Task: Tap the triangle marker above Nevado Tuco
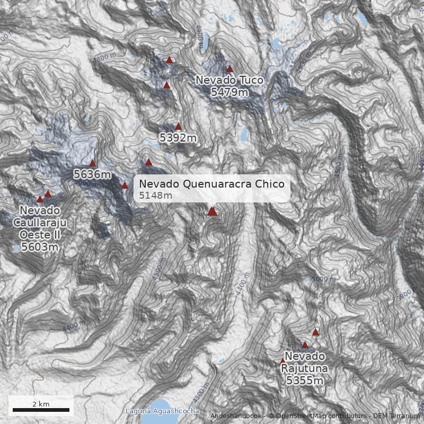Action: pyautogui.click(x=230, y=68)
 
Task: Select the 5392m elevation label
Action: pyautogui.click(x=178, y=138)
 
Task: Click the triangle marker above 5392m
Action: pyautogui.click(x=178, y=127)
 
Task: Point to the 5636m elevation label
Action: pyautogui.click(x=92, y=174)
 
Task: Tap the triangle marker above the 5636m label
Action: pyautogui.click(x=92, y=163)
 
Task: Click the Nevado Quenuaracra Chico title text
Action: pyautogui.click(x=211, y=184)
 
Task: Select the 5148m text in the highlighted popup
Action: pyautogui.click(x=155, y=196)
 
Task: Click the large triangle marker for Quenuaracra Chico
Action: pyautogui.click(x=212, y=211)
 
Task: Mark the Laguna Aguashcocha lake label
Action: pyautogui.click(x=162, y=411)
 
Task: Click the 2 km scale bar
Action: pyautogui.click(x=41, y=410)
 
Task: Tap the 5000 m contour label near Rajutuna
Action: pyautogui.click(x=323, y=279)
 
